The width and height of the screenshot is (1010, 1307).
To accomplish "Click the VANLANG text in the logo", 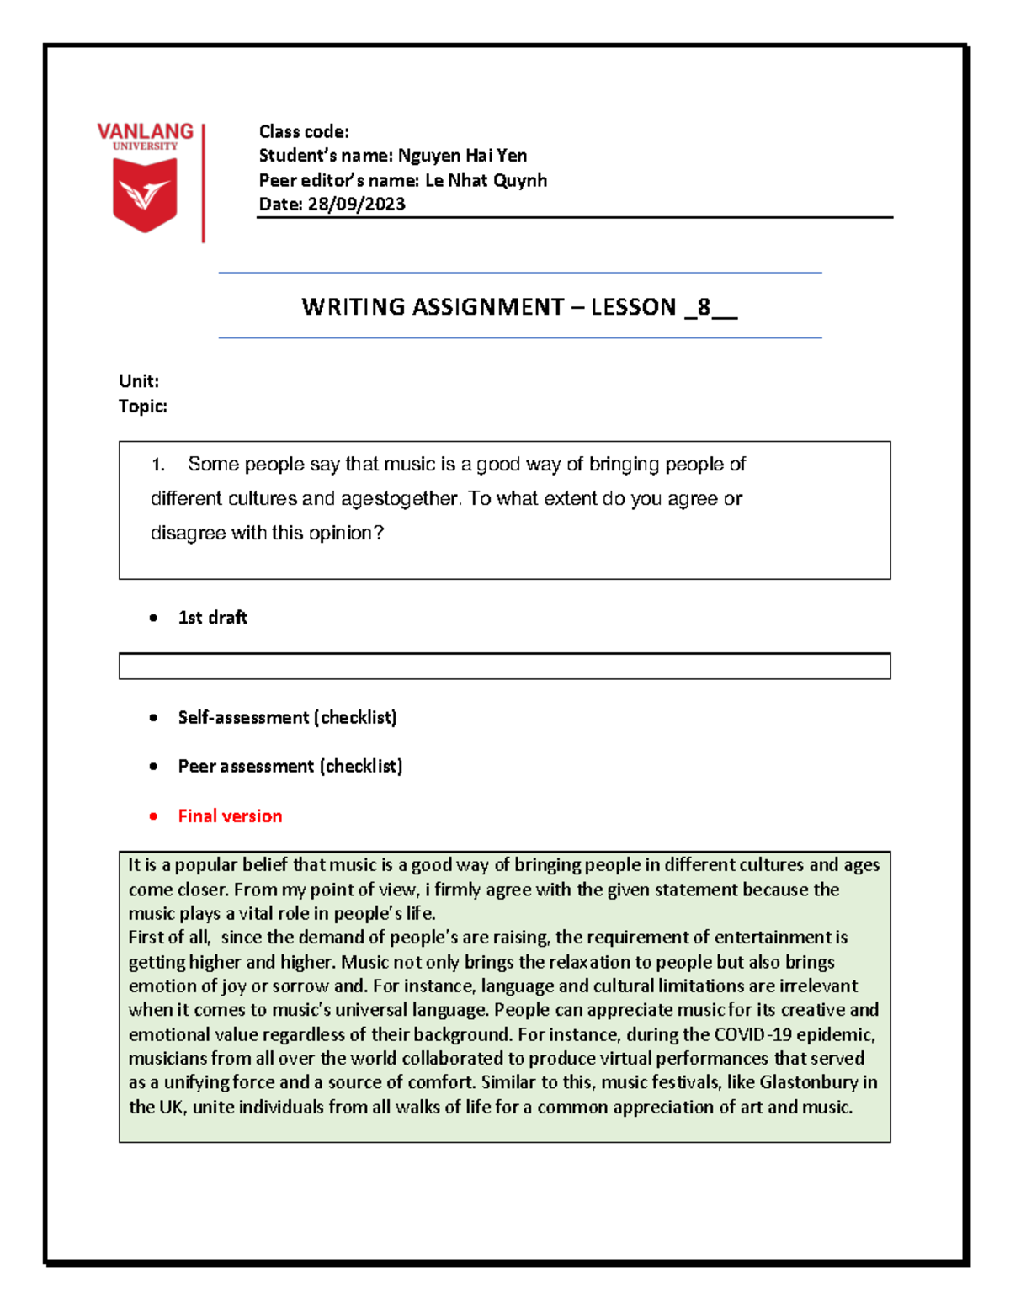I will pyautogui.click(x=145, y=131).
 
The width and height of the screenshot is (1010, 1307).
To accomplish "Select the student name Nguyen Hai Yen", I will pyautogui.click(x=462, y=156).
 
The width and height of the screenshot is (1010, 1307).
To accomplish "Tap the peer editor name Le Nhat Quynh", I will pyautogui.click(x=486, y=180).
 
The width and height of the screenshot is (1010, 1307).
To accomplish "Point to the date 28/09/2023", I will pyautogui.click(x=356, y=205).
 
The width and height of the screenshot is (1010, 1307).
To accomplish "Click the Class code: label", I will pyautogui.click(x=304, y=131).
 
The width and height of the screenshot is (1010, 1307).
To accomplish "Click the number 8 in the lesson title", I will pyautogui.click(x=704, y=306).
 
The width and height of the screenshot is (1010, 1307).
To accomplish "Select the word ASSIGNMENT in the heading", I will pyautogui.click(x=487, y=306).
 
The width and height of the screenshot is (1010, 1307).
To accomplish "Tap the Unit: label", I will pyautogui.click(x=139, y=381).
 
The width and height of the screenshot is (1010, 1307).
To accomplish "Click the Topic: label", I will pyautogui.click(x=143, y=406).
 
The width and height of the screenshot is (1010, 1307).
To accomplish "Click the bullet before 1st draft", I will pyautogui.click(x=153, y=618).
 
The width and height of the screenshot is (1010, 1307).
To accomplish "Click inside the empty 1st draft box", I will pyautogui.click(x=504, y=666).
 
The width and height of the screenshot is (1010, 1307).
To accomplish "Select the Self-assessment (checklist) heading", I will pyautogui.click(x=287, y=717).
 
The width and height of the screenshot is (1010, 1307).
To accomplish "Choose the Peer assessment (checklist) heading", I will pyautogui.click(x=290, y=766).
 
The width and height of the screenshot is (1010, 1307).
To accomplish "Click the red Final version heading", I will pyautogui.click(x=230, y=816).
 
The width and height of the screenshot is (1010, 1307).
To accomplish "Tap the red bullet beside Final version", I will pyautogui.click(x=153, y=816).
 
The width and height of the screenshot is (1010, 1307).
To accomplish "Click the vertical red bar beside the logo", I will pyautogui.click(x=203, y=183).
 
